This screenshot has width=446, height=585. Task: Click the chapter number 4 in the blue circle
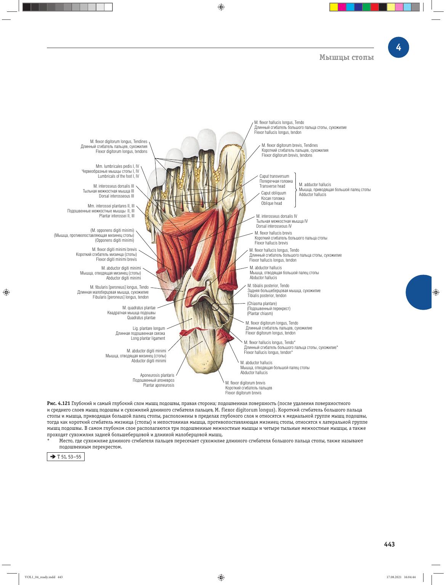pyautogui.click(x=398, y=47)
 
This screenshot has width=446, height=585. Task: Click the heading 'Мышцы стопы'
pyautogui.click(x=347, y=57)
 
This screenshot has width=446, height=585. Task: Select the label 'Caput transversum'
pyautogui.click(x=274, y=176)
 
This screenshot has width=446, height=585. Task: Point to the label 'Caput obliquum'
pyautogui.click(x=273, y=193)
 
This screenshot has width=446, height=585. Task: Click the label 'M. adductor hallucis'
pyautogui.click(x=314, y=185)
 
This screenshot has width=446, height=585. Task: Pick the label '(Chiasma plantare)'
pyautogui.click(x=262, y=304)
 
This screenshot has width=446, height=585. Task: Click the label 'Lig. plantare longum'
pyautogui.click(x=149, y=328)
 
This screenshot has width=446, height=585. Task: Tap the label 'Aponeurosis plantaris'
pyautogui.click(x=157, y=375)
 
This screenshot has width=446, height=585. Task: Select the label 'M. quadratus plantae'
pyautogui.click(x=139, y=308)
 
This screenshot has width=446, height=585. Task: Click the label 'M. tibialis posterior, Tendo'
pyautogui.click(x=268, y=286)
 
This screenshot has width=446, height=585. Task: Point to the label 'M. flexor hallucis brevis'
pyautogui.click(x=273, y=233)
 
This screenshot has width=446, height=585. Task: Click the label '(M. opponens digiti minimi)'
pyautogui.click(x=112, y=230)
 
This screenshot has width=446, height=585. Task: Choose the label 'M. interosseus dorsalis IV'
pyautogui.click(x=276, y=216)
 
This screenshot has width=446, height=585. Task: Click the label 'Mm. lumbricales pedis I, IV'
pyautogui.click(x=117, y=166)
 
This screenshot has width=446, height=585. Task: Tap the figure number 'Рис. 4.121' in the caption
pyautogui.click(x=58, y=403)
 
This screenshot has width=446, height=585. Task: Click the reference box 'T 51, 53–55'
pyautogui.click(x=66, y=456)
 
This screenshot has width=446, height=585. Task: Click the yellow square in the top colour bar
pyautogui.click(x=334, y=7)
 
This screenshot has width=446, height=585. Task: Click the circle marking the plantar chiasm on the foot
pyautogui.click(x=215, y=307)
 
